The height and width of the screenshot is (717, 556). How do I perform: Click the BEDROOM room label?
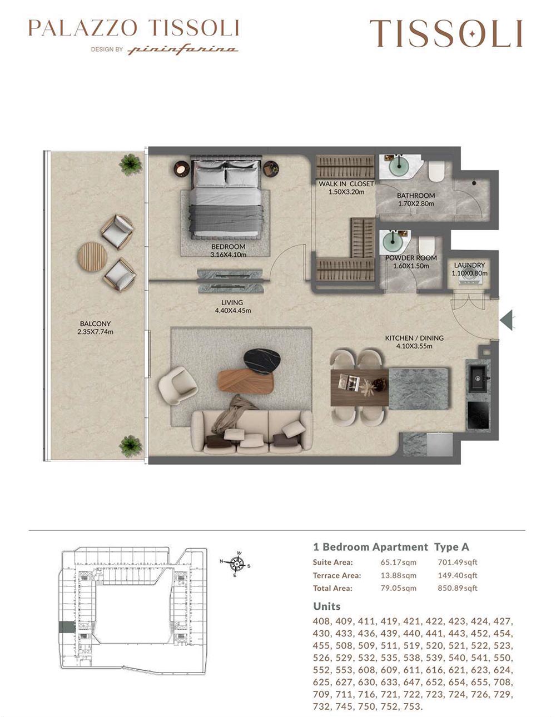(228, 246)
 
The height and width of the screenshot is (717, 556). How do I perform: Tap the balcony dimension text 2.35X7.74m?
(96, 332)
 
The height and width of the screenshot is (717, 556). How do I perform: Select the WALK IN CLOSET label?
(346, 184)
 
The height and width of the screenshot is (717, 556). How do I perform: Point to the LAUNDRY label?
(469, 265)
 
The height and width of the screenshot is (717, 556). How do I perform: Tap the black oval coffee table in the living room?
(262, 361)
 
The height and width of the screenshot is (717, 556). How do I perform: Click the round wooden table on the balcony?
(92, 257)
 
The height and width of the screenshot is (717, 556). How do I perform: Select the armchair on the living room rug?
(177, 385)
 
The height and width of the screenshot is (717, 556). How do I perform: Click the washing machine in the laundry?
(469, 281)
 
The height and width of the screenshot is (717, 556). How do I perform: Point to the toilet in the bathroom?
(436, 171)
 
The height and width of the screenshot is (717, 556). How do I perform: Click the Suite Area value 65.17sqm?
(398, 562)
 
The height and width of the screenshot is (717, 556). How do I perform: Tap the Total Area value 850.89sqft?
(458, 587)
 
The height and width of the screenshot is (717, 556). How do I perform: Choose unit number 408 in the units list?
(321, 621)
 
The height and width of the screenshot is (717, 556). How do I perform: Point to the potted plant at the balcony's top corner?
(131, 165)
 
